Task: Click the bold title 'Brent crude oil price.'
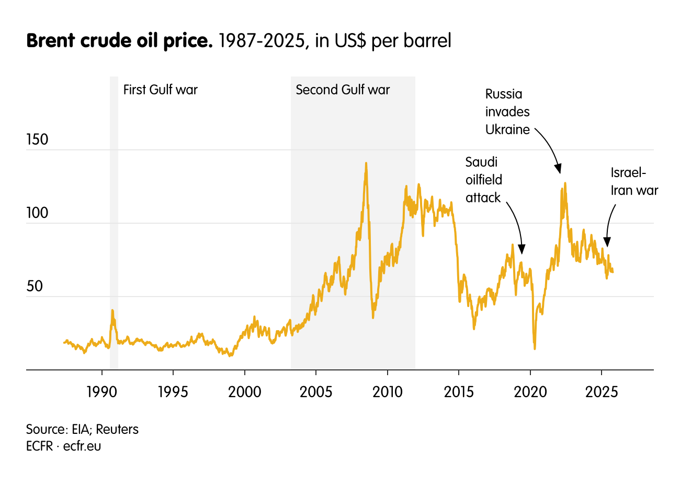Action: pyautogui.click(x=119, y=41)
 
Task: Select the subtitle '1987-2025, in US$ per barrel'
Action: pyautogui.click(x=334, y=41)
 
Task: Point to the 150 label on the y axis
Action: pyautogui.click(x=37, y=140)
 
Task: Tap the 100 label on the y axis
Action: pyautogui.click(x=37, y=213)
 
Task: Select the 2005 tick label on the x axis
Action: pyautogui.click(x=316, y=391)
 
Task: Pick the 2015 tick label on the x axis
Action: pyautogui.click(x=459, y=391)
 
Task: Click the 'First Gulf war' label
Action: pyautogui.click(x=161, y=90)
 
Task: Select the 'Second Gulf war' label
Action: pyautogui.click(x=343, y=90)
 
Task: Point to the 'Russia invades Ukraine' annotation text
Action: pyautogui.click(x=507, y=112)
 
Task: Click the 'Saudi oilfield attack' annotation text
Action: pyautogui.click(x=484, y=180)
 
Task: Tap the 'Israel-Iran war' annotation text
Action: pyautogui.click(x=634, y=182)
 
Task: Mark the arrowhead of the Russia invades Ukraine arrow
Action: pyautogui.click(x=559, y=169)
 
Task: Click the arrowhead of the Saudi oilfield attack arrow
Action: pyautogui.click(x=521, y=248)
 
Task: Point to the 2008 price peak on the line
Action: pyautogui.click(x=366, y=163)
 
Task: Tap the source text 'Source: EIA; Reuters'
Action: pyautogui.click(x=82, y=430)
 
